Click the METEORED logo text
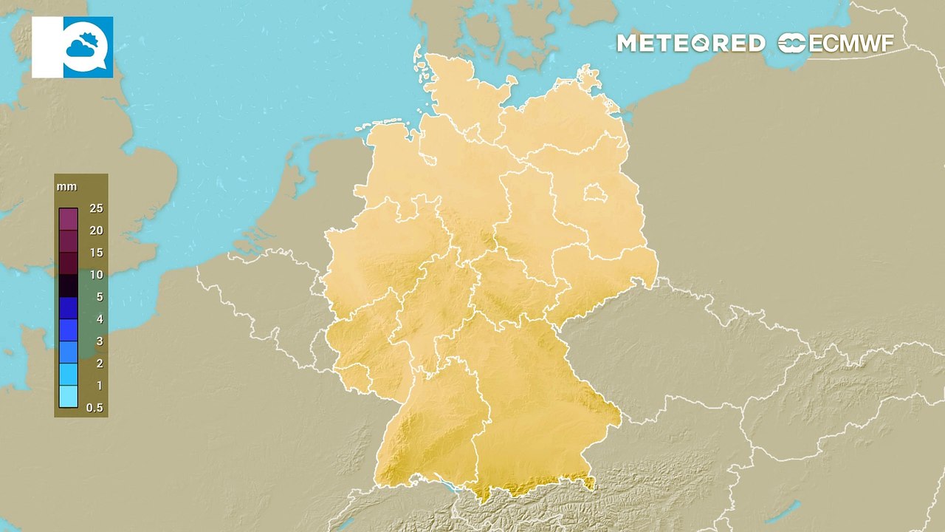click(690, 44)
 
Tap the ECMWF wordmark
click(851, 44)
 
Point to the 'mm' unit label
click(66, 187)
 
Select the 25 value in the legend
click(96, 208)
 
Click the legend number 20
click(96, 231)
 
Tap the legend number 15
click(96, 253)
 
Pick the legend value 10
click(96, 275)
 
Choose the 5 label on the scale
click(99, 297)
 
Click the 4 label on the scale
click(99, 319)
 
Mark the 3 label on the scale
click(99, 341)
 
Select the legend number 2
click(99, 364)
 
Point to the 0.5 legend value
click(94, 408)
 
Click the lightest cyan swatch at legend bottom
click(69, 397)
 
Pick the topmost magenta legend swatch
click(69, 219)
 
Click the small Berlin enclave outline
click(594, 194)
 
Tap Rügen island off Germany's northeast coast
click(588, 78)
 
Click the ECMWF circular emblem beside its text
click(792, 44)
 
